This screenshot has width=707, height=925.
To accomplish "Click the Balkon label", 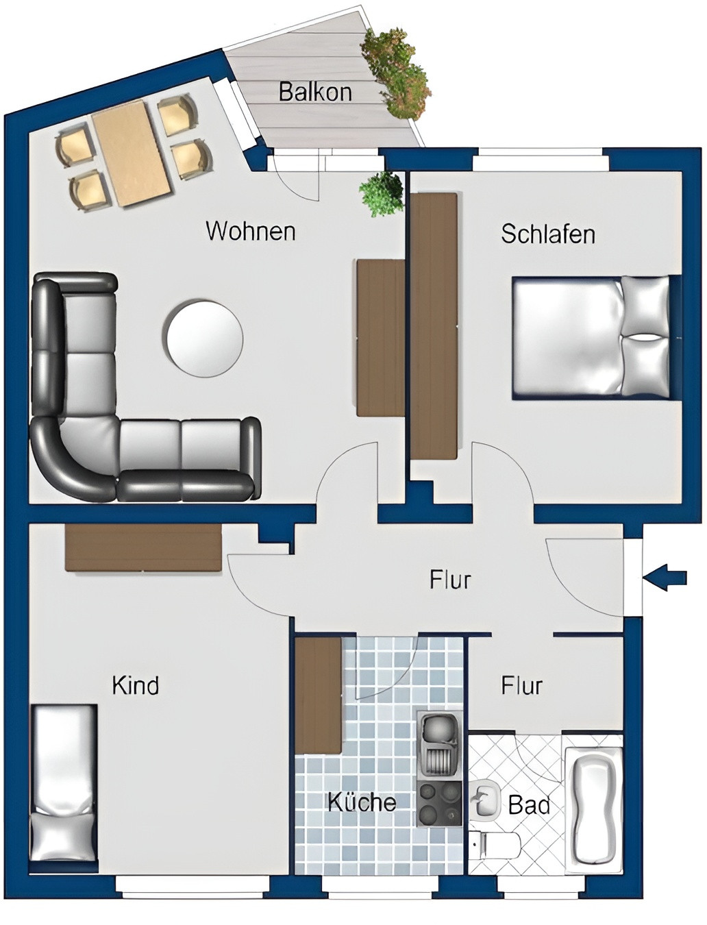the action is pos(315,91).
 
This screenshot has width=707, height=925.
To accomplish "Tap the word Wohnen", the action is pos(251,231).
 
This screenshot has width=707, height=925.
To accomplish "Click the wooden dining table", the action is pos(132,153).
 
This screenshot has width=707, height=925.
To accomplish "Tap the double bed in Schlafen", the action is pos(591,336).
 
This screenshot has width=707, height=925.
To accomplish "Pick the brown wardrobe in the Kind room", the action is pos(143,547).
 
